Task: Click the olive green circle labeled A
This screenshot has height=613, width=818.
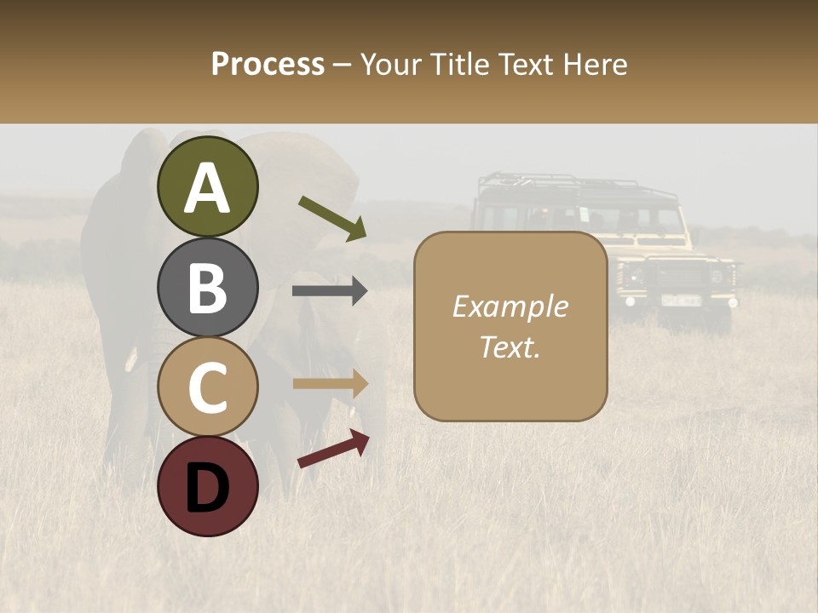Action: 207,186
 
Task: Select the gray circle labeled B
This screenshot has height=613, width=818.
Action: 207,287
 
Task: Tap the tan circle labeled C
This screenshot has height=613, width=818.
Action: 207,387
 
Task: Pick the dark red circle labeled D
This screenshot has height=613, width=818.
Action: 207,486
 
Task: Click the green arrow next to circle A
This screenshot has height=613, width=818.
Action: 332,218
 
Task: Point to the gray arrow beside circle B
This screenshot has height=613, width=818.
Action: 330,291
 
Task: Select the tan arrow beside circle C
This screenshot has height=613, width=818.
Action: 330,384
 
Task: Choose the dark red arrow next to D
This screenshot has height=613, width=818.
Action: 333,448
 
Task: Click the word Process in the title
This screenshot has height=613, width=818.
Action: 268,64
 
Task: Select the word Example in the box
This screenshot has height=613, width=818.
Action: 510,306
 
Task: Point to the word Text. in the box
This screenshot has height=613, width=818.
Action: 510,347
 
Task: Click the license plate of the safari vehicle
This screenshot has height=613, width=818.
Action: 681,301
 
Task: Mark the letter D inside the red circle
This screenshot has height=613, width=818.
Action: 207,488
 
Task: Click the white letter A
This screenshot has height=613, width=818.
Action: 207,188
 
